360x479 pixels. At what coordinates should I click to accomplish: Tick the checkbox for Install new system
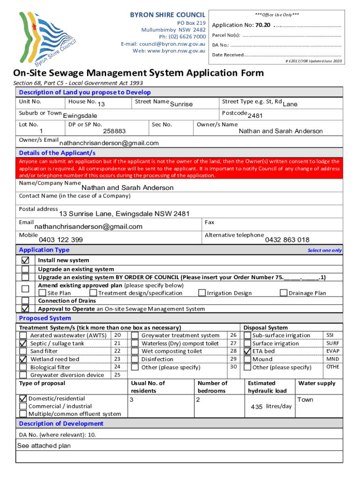coord(25,260)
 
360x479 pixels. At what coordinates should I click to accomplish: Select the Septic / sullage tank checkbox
coord(23,343)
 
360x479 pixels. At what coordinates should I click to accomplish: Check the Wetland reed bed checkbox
coord(23,359)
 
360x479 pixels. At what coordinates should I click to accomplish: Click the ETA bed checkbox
coord(247,351)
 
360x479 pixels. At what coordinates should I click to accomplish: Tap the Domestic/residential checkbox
coord(23,399)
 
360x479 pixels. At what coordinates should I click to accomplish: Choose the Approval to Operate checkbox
coord(25,309)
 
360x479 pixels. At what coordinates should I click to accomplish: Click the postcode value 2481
coord(255,116)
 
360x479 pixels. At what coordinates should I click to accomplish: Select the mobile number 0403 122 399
coord(61,240)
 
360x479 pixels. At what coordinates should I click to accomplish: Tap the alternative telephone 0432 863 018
coord(287,240)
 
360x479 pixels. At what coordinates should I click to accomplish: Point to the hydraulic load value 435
coord(256,407)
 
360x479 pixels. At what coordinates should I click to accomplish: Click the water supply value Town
coord(305,400)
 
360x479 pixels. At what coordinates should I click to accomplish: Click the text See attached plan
coord(44,446)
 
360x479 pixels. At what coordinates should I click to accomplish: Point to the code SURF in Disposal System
coord(332,343)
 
